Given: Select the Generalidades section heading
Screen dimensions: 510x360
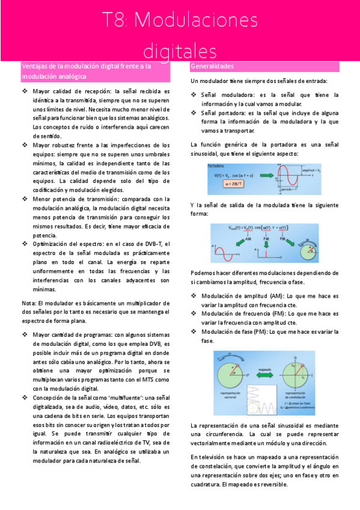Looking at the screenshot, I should point(212,66).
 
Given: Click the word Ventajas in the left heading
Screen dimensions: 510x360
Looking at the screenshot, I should point(37,66).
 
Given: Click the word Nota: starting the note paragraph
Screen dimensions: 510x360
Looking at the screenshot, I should point(29,303).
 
